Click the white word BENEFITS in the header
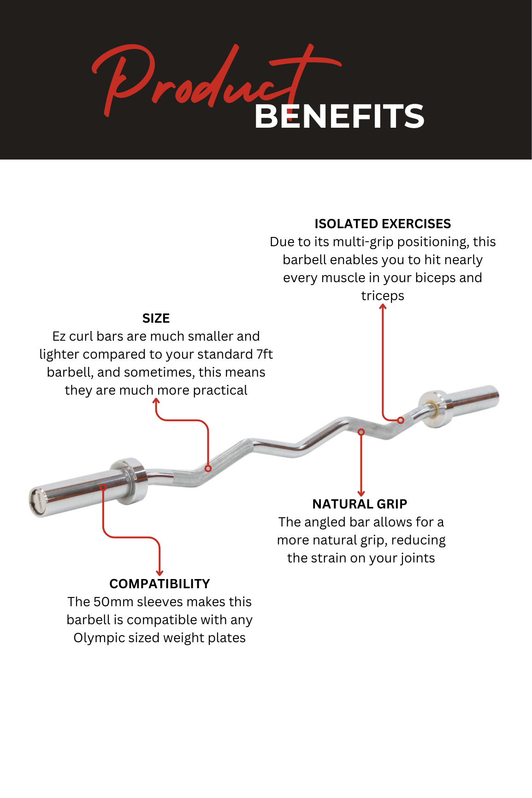(x=339, y=116)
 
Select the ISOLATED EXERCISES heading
(x=383, y=224)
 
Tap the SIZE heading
(x=156, y=319)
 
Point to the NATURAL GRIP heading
(x=360, y=504)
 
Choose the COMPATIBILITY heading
(x=160, y=584)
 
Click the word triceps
(x=383, y=296)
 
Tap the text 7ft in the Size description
(x=265, y=354)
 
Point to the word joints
(x=418, y=558)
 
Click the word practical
(x=220, y=391)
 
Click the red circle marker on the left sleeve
(x=103, y=487)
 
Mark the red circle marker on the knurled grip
(x=208, y=468)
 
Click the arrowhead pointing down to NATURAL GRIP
(x=361, y=494)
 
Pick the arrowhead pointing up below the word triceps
(x=383, y=307)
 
